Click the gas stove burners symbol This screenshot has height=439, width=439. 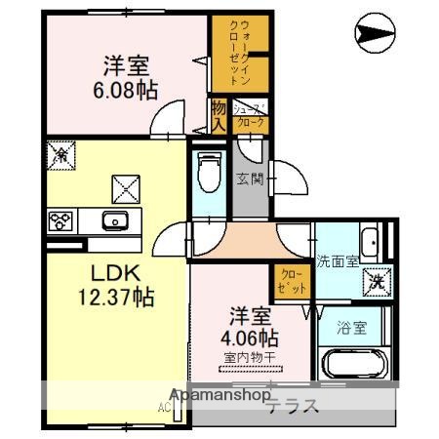[59, 220]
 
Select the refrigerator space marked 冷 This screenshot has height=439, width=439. [59, 153]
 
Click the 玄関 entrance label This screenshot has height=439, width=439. [249, 178]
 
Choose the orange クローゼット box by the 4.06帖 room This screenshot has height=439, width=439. [291, 282]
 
